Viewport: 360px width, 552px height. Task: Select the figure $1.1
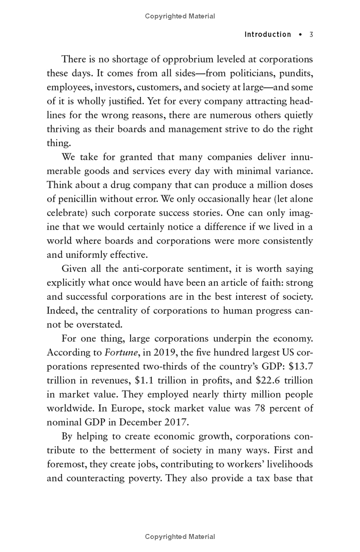pyautogui.click(x=145, y=381)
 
